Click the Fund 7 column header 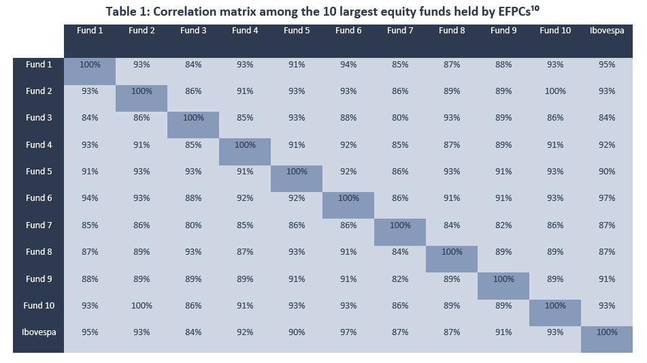click(400, 31)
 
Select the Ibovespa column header click(607, 31)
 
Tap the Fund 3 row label click(39, 118)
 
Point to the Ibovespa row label click(39, 332)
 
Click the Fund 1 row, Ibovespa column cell click(607, 65)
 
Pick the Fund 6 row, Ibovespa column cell click(607, 198)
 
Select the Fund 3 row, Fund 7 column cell click(400, 118)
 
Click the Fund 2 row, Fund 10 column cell click(555, 91)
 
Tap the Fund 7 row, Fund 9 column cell click(503, 225)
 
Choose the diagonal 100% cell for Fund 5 click(297, 172)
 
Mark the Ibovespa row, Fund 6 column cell click(348, 332)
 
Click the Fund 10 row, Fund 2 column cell click(142, 306)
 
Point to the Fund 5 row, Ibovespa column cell click(607, 172)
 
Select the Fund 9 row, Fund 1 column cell click(90, 279)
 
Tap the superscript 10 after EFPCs click(535, 8)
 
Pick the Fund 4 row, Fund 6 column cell click(348, 145)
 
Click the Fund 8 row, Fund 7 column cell click(400, 252)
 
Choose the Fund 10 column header click(555, 31)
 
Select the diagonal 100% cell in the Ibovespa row click(607, 332)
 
